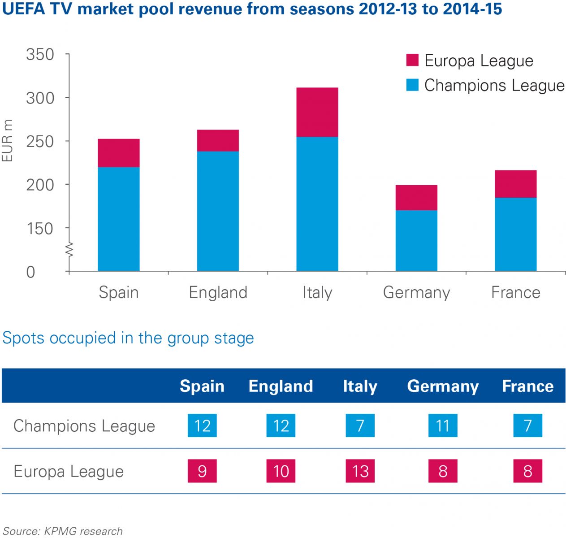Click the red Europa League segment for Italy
click(317, 112)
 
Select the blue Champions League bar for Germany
click(416, 240)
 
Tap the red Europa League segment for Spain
click(119, 153)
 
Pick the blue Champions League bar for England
click(218, 211)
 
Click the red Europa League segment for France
click(515, 184)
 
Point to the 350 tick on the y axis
click(40, 55)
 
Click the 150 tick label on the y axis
click(40, 229)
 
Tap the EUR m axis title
click(8, 141)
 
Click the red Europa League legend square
click(412, 60)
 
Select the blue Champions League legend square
click(412, 85)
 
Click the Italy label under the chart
click(317, 292)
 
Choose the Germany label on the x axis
click(416, 292)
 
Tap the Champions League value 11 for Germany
click(443, 425)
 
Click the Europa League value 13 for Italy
click(360, 471)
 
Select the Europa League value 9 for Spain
click(202, 471)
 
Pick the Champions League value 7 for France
click(527, 425)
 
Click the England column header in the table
click(281, 386)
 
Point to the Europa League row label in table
click(69, 471)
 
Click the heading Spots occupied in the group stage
click(128, 338)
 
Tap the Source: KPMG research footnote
click(63, 531)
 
